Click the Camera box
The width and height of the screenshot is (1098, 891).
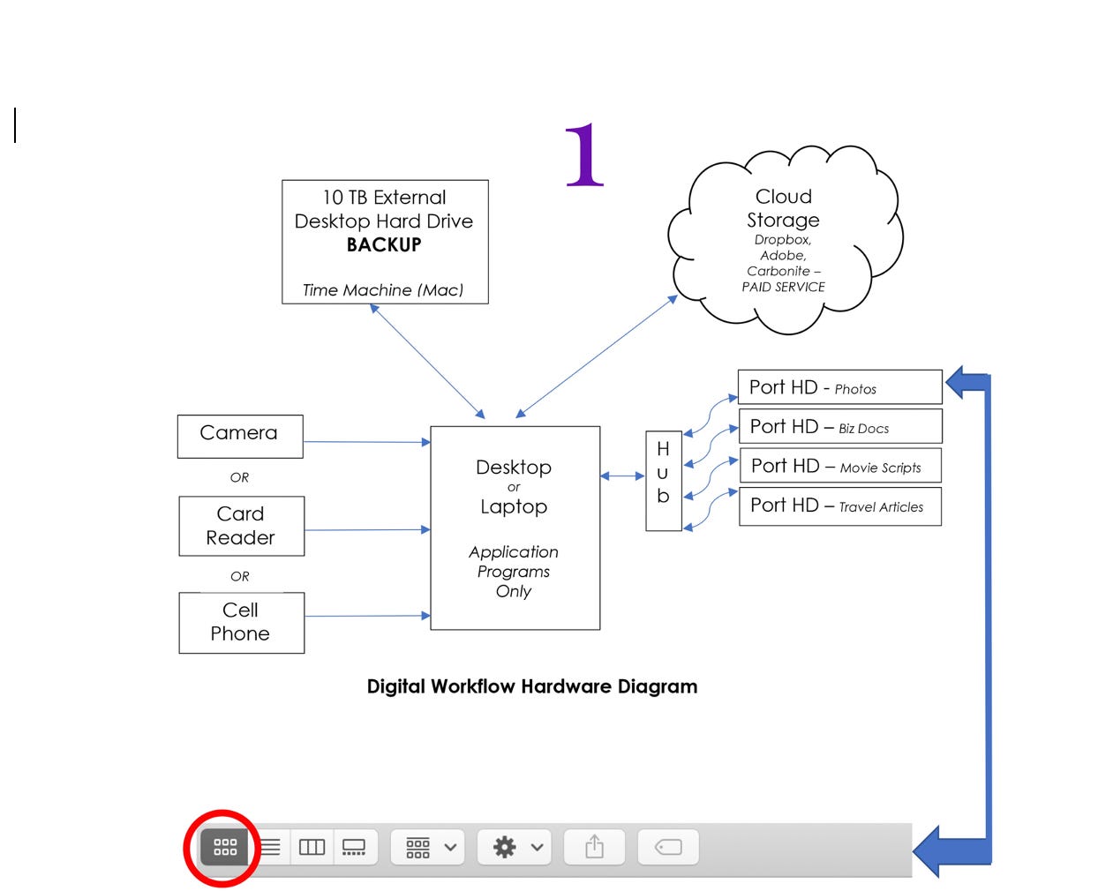pos(239,436)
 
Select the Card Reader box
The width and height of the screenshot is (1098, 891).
pos(241,526)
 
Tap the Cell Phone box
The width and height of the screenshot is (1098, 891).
pos(241,622)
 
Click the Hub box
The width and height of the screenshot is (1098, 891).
pos(663,481)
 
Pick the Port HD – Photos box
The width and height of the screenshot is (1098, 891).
pos(839,387)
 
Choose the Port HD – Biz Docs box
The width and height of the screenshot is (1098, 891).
pos(839,427)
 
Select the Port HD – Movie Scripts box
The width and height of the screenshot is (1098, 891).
pos(839,467)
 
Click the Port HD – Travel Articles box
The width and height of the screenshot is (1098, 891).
pos(839,506)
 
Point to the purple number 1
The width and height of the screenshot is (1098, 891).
pos(583,155)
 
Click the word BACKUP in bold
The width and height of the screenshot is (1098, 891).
pos(384,245)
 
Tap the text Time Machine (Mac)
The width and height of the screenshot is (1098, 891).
pos(382,290)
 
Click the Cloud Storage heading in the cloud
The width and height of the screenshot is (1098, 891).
pos(783,208)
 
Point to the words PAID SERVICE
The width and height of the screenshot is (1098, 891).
pos(783,288)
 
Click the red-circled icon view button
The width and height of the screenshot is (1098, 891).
pos(225,847)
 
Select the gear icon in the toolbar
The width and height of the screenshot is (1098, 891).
pos(505,847)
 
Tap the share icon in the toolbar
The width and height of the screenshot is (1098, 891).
pos(595,847)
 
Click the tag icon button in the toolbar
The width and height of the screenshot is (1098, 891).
pos(668,847)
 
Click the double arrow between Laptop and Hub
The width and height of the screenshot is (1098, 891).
pos(622,476)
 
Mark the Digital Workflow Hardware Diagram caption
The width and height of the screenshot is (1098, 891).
pos(532,686)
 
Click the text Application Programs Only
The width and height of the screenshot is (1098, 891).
pos(514,572)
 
